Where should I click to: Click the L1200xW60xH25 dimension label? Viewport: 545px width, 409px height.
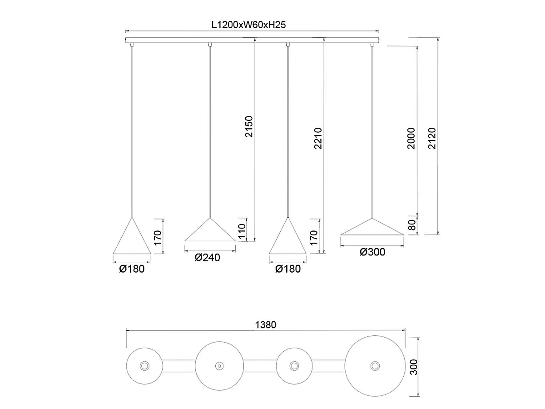[248, 25]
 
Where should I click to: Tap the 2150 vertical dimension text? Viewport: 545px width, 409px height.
[249, 127]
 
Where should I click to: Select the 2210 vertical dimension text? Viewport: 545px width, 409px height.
[318, 138]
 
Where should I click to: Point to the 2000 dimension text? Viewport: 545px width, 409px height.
[411, 138]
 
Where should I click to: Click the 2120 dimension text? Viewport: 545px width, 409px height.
[432, 138]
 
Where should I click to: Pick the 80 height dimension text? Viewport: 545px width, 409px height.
[411, 225]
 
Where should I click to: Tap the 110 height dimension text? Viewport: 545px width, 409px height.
[242, 231]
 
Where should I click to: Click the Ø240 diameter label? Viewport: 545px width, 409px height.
[207, 258]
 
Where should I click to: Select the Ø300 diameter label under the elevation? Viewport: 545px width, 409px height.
[372, 252]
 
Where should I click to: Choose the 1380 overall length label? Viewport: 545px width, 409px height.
[266, 325]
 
